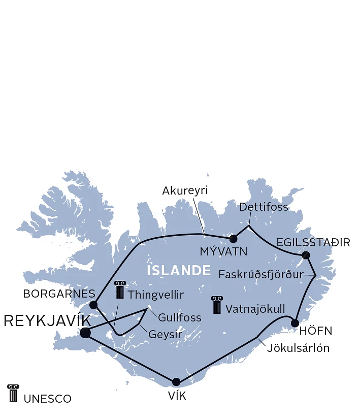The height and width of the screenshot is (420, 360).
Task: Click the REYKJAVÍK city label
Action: point(47,320)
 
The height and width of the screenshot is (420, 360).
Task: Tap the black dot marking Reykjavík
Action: point(85,333)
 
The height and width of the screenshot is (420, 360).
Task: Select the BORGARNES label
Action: point(59,294)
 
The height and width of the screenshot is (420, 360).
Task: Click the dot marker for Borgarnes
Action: point(93,305)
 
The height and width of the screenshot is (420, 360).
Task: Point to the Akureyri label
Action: point(185,191)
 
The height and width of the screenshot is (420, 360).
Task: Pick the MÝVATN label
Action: point(223,251)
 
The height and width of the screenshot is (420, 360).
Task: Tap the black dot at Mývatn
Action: point(233,239)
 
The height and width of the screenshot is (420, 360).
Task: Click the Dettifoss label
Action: point(264,207)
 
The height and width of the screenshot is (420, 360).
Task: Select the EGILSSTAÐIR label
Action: point(314,242)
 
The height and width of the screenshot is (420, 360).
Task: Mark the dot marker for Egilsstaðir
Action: point(306,255)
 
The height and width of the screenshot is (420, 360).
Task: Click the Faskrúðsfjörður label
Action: point(260,275)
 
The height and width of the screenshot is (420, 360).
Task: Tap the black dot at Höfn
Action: point(295,323)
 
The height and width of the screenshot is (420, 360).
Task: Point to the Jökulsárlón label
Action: point(298,348)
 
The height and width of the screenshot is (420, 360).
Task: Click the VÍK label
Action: point(177,396)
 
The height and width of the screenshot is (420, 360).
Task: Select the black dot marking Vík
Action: point(176,382)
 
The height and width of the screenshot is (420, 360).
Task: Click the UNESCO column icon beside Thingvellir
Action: point(120,289)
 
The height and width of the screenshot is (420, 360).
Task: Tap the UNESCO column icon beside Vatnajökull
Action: point(217,305)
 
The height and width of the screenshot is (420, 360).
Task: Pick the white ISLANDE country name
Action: point(179,270)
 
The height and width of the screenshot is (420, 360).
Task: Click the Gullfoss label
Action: point(179,318)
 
